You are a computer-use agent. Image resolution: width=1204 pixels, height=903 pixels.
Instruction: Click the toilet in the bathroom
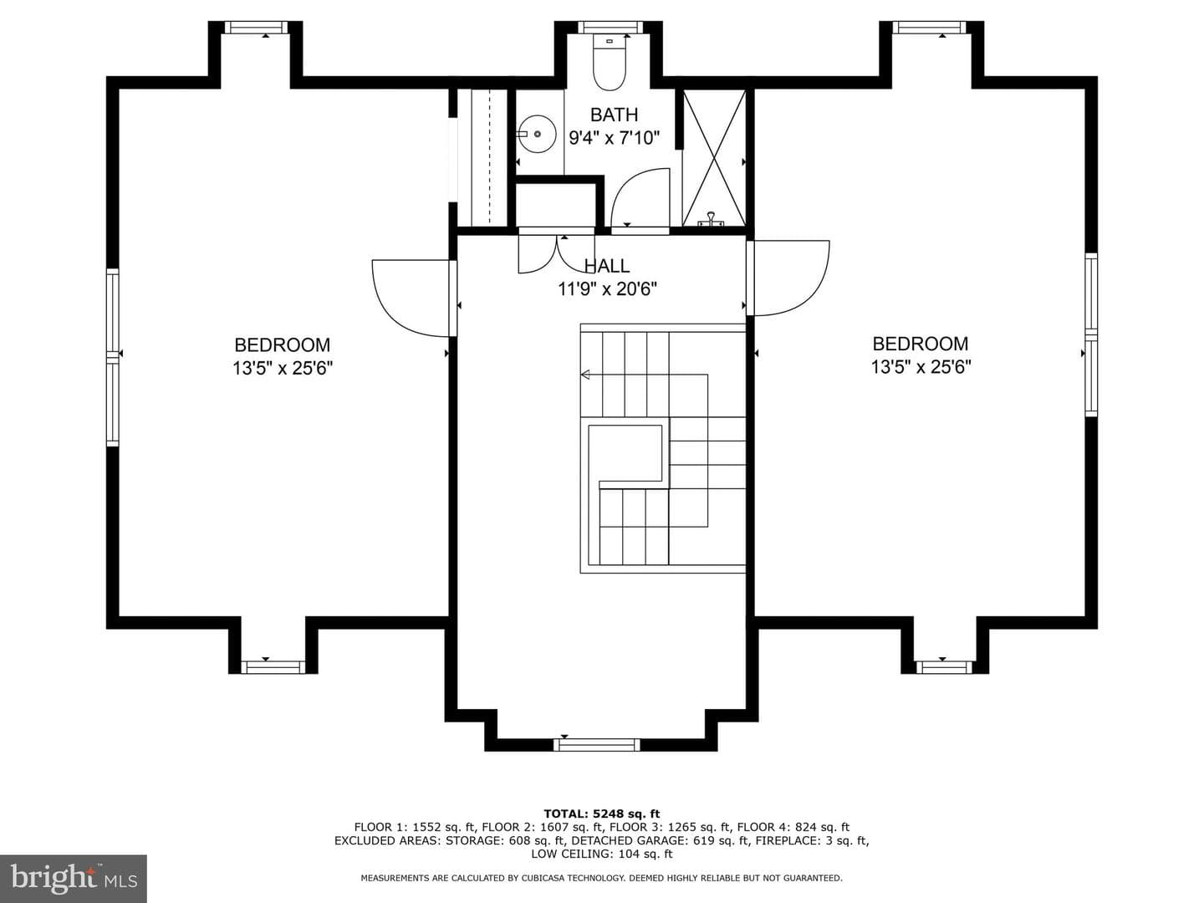point(609,63)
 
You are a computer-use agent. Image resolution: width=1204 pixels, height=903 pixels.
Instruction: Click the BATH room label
point(614,115)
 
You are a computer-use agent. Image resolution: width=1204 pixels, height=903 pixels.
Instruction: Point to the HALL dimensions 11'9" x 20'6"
point(607,288)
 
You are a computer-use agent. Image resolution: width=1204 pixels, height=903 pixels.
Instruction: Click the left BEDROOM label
point(283,344)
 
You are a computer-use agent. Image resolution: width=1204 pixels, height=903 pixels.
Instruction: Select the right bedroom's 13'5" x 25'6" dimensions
point(921,366)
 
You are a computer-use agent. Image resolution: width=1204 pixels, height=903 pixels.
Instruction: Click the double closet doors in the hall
point(557,253)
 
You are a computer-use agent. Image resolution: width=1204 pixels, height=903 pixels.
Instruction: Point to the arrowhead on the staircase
point(585,375)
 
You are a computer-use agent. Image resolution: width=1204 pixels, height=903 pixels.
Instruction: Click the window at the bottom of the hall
point(596,744)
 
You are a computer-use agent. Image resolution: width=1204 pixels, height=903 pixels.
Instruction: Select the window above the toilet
point(610,27)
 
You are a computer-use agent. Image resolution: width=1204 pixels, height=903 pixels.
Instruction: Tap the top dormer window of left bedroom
point(256,27)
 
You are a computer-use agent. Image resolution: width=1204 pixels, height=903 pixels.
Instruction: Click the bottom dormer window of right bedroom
point(944,667)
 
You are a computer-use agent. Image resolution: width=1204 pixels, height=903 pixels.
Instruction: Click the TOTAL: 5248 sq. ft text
point(602,814)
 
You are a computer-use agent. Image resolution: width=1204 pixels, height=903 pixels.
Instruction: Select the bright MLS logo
point(73,879)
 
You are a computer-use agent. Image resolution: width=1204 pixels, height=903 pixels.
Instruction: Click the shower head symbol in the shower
point(711,219)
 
